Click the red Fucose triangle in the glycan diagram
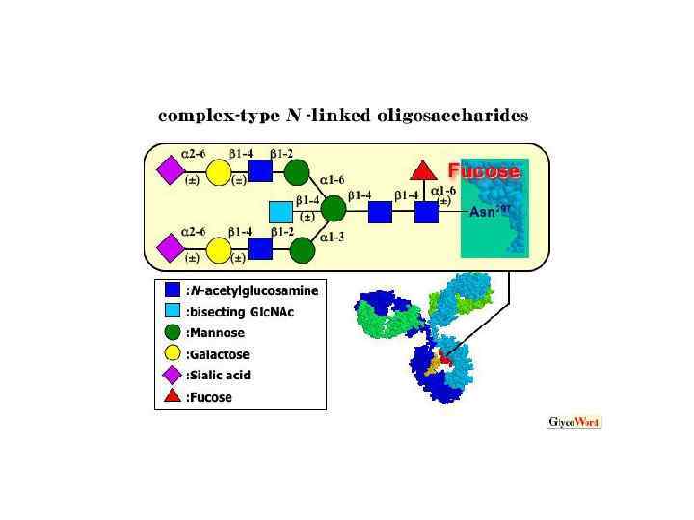[x=419, y=171]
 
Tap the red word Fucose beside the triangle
[x=484, y=171]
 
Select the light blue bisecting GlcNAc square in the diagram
[x=280, y=210]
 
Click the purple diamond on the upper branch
[x=170, y=171]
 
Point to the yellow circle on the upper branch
[x=218, y=172]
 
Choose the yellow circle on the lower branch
[x=218, y=250]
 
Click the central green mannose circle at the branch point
[x=334, y=207]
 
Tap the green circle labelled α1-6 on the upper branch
[x=298, y=172]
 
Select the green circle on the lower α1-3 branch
[x=303, y=250]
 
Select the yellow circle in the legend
[x=172, y=353]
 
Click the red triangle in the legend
[x=172, y=397]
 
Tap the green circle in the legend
[x=172, y=331]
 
